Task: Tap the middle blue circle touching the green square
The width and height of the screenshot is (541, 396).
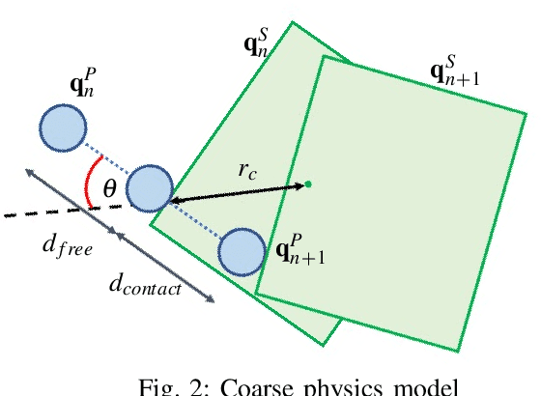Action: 150,188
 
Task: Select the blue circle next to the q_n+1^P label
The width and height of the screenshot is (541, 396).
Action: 241,253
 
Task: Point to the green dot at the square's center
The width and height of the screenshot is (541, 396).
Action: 308,184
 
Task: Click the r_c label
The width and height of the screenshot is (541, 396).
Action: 247,170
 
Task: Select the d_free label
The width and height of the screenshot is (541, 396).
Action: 67,247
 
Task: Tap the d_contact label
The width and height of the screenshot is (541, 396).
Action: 144,285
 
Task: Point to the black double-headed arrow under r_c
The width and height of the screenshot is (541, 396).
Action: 237,192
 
